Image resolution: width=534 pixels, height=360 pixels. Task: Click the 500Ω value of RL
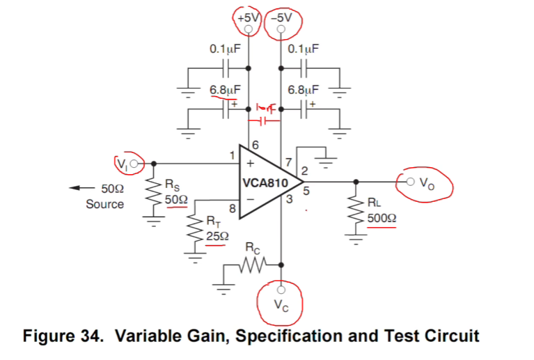(382, 217)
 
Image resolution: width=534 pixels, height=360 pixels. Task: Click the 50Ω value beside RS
(176, 199)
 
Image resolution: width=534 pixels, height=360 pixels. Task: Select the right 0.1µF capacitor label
(304, 49)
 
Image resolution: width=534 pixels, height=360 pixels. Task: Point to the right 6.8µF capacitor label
(304, 90)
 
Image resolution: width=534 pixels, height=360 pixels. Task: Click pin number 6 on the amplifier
(254, 145)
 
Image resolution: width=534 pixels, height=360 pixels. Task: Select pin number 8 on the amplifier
(232, 207)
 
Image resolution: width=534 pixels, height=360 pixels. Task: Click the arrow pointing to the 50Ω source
(82, 189)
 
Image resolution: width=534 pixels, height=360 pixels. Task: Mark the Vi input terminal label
(123, 164)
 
